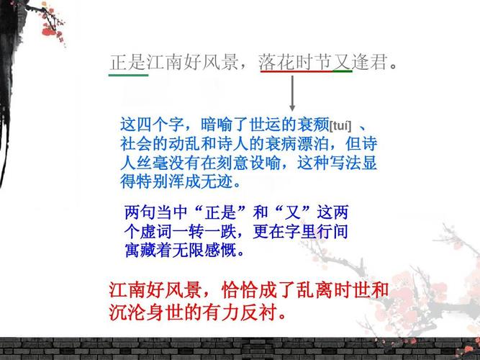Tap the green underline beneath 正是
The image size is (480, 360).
coord(128,73)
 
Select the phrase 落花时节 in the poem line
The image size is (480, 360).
coord(295,62)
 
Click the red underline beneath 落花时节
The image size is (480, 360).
coord(296,73)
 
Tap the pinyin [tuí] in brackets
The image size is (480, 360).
coord(340,124)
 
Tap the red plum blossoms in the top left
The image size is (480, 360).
coord(50,29)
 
